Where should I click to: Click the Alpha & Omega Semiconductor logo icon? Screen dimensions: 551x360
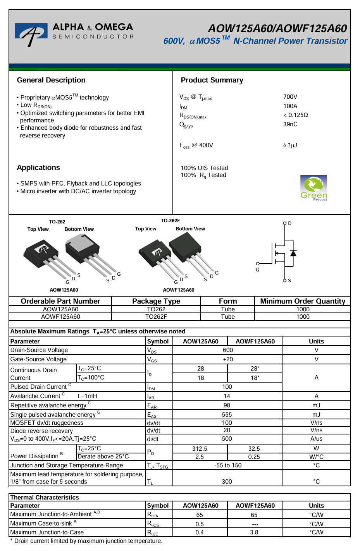(x=31, y=34)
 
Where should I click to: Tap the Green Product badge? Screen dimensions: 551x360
(x=313, y=188)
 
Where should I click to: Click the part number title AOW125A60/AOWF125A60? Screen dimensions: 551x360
(x=277, y=29)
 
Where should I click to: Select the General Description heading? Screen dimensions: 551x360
(x=51, y=80)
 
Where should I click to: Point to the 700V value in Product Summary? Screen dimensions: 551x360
(x=290, y=97)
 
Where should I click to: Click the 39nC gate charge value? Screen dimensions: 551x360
(x=290, y=124)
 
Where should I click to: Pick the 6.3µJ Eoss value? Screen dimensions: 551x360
(x=290, y=146)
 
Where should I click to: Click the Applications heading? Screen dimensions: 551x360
(x=38, y=168)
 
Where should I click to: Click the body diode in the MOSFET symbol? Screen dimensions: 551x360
(x=293, y=253)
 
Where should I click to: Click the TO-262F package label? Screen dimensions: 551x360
(x=170, y=221)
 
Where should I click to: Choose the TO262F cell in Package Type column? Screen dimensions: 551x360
(x=156, y=317)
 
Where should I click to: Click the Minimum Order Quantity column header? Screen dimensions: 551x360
(x=303, y=301)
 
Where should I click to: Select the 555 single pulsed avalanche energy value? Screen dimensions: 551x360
(x=227, y=415)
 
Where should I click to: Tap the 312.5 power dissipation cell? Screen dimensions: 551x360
(x=200, y=449)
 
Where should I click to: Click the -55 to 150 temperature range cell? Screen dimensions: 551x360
(x=228, y=465)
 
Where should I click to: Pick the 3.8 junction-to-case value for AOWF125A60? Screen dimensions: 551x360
(x=254, y=532)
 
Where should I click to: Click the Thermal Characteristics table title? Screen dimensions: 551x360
(x=45, y=498)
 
